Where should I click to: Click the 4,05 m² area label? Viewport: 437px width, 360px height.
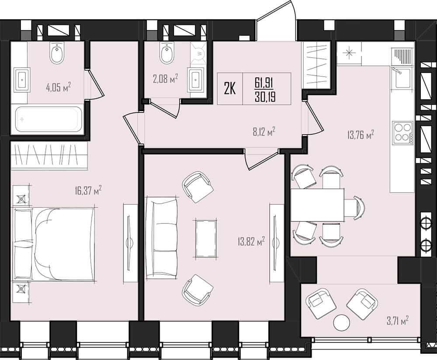pos(58,87)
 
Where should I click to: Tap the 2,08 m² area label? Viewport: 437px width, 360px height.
pos(165,79)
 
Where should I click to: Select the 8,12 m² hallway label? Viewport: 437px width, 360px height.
pos(264,131)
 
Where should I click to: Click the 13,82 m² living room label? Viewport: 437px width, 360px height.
pos(251,241)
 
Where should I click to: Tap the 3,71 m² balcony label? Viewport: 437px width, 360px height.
pos(398,320)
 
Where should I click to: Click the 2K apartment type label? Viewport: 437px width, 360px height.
pos(230,89)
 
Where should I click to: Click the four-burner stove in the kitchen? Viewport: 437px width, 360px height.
pos(403,133)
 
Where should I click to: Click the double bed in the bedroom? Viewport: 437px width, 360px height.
pos(54,244)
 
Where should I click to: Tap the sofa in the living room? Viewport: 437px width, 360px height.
pos(162,238)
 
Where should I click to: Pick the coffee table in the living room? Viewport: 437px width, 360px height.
pos(206,238)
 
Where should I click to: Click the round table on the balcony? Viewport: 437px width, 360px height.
pos(341,323)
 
